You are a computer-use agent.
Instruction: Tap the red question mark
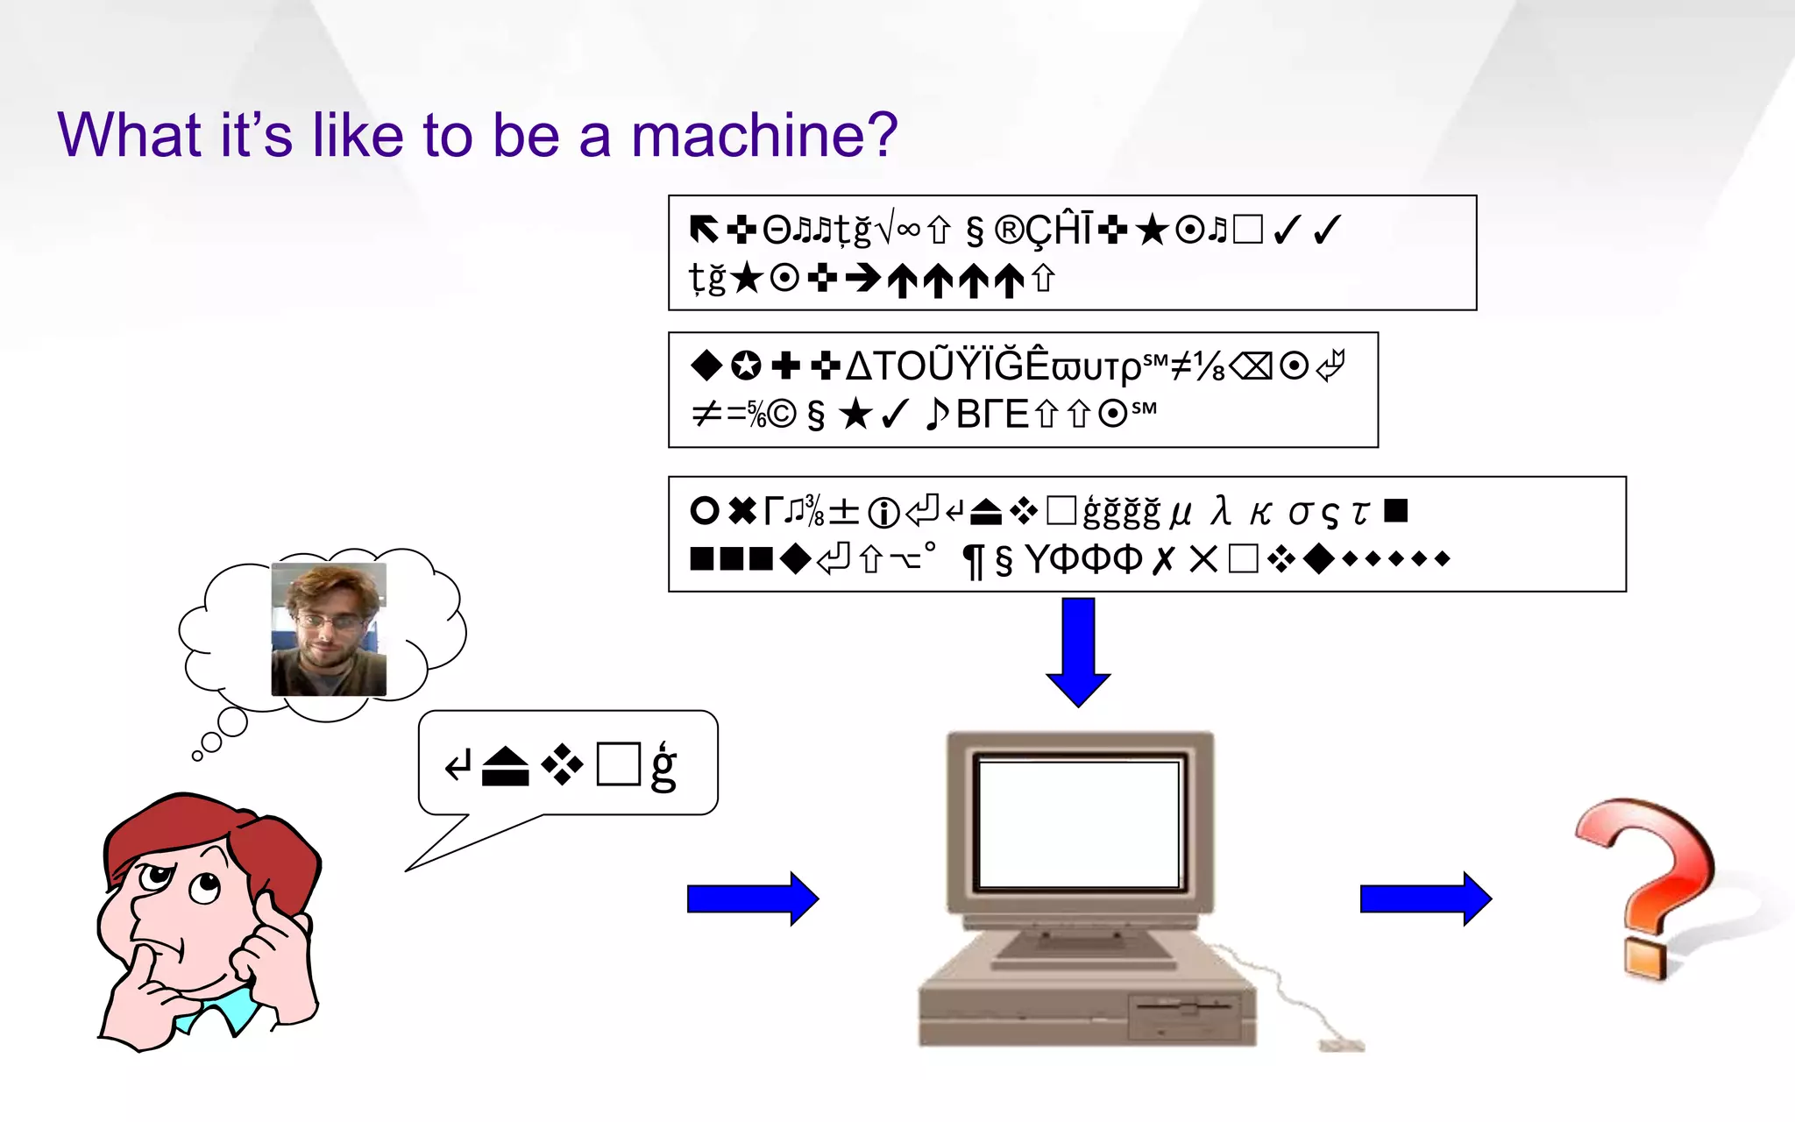click(x=1648, y=885)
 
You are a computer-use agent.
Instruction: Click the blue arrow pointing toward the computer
click(x=752, y=898)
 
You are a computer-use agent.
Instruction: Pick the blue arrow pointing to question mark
click(x=1425, y=898)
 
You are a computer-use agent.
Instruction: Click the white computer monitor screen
click(x=1079, y=825)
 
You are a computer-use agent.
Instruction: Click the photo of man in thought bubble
click(x=329, y=629)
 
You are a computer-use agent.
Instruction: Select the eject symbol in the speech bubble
click(x=506, y=767)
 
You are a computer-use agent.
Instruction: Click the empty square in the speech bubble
click(x=618, y=764)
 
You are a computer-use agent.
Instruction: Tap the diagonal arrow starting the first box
click(x=703, y=230)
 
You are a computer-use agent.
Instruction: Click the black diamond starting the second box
click(x=706, y=365)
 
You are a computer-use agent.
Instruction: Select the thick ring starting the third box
click(x=705, y=510)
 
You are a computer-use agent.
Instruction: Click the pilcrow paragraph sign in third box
click(x=973, y=561)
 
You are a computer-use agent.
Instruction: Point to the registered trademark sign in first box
click(x=1009, y=231)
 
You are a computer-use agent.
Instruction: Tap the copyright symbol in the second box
click(x=783, y=414)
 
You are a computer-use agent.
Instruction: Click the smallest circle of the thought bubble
click(x=197, y=756)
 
